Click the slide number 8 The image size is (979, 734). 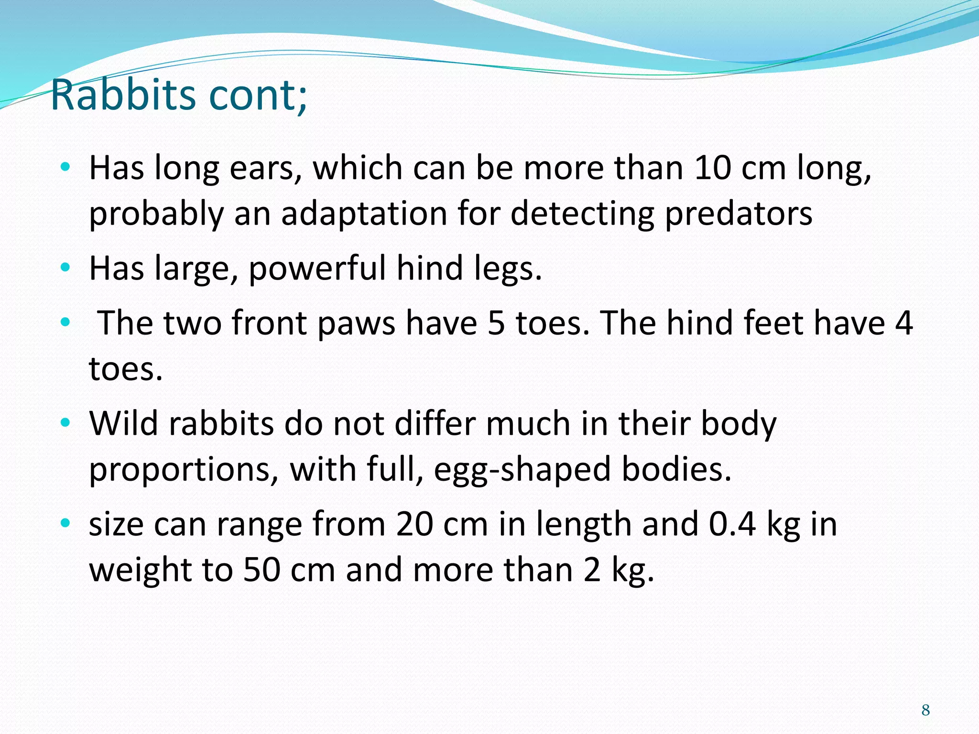925,710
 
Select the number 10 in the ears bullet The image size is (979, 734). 713,168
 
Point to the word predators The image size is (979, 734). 739,214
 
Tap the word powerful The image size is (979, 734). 317,269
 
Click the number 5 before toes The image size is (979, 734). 496,323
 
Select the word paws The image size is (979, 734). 356,323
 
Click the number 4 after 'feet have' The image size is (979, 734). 903,323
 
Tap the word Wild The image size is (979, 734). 123,423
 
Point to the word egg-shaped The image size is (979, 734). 522,470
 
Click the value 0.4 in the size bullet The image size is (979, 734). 732,524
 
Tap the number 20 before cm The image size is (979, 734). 414,524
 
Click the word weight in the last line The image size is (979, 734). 141,571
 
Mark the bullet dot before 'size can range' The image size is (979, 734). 65,523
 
